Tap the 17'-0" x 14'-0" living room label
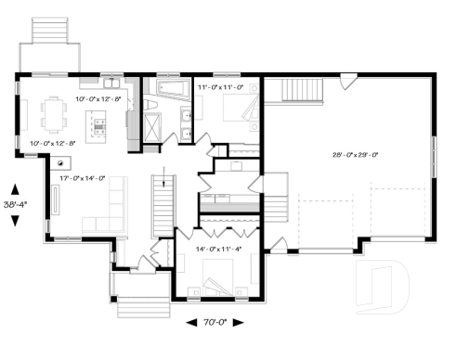coord(83,178)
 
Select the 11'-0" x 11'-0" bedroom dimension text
coord(220,86)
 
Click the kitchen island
coord(97,126)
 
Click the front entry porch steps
coord(139,303)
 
